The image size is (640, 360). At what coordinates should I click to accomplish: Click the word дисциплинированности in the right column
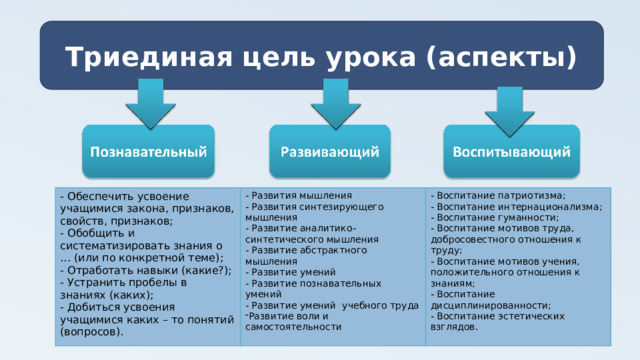pos(490,305)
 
